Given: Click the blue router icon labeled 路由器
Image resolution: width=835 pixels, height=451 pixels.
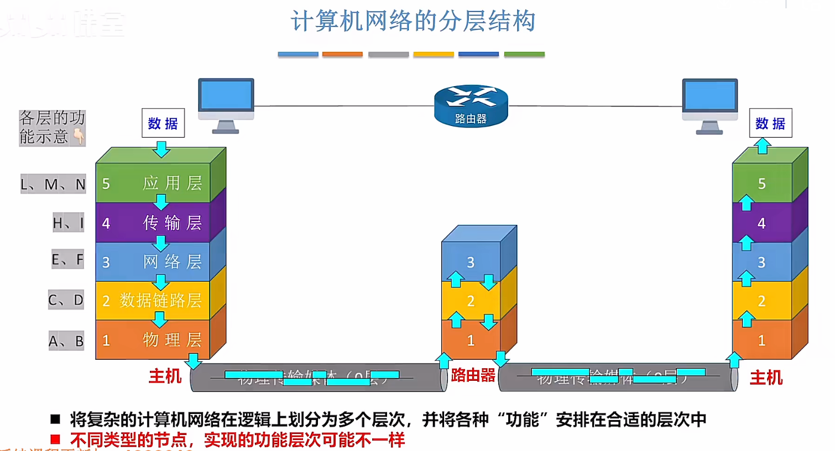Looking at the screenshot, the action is [x=471, y=106].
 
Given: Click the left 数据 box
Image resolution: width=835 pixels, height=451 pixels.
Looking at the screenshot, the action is [x=163, y=123].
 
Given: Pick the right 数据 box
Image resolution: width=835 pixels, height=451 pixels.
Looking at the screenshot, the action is [x=770, y=123].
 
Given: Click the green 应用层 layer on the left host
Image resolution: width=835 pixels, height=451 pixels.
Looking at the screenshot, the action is [x=153, y=183].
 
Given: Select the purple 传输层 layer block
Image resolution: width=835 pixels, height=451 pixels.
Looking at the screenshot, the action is [x=153, y=223].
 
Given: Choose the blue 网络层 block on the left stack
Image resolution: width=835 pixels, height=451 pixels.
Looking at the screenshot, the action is [x=153, y=261].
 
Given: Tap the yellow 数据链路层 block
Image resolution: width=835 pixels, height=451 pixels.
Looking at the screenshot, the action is [x=153, y=301].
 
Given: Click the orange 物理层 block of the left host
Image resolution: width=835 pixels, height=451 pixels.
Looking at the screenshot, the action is [x=153, y=340].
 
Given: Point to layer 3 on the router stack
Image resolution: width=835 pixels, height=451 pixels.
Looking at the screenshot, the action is [x=471, y=262].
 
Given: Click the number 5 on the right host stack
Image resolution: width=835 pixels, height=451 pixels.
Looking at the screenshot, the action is [x=761, y=183].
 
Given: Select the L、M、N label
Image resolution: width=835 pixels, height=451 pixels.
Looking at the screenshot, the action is [x=53, y=184].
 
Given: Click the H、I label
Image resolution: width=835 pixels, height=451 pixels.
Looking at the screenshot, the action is [x=68, y=223].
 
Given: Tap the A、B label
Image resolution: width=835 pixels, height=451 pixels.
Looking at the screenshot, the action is [x=66, y=341].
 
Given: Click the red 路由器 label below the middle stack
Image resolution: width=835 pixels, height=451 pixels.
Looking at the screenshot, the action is [x=473, y=375].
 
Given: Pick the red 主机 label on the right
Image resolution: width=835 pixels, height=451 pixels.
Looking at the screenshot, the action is [x=766, y=378].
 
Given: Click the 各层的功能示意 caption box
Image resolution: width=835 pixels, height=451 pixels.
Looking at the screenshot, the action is [x=52, y=127].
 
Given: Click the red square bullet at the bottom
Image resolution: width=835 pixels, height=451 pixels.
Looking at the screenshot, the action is [x=55, y=439].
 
